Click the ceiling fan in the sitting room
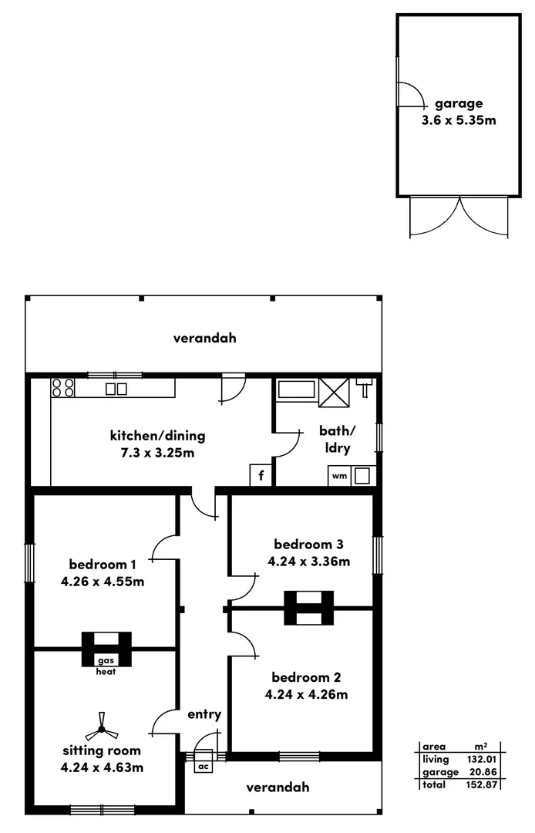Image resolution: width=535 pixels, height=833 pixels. coord(101,728)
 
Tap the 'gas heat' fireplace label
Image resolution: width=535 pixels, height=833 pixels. coord(106,666)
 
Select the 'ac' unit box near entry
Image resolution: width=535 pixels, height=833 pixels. coord(204,766)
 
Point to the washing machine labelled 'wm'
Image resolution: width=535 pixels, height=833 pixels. coord(339,476)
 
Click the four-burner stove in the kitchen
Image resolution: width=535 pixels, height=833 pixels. coord(63,387)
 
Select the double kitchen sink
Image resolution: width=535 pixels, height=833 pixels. coord(116,389)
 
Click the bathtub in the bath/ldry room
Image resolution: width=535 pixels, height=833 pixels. coord(296,390)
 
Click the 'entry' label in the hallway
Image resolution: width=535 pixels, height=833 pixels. coord(204,714)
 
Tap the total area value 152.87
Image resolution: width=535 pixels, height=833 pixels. coord(479,784)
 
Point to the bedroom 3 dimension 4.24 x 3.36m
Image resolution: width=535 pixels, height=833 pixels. coord(308,562)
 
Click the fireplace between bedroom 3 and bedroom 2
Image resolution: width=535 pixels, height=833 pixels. coord(308,608)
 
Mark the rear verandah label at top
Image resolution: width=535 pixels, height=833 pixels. coord(204,338)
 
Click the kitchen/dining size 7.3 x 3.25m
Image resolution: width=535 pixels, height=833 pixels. coord(157,453)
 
